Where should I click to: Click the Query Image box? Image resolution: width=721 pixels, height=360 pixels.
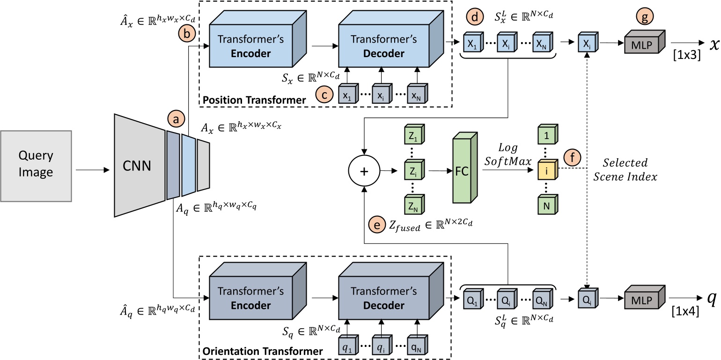pos(36,166)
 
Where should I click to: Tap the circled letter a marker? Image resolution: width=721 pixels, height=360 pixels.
pos(176,120)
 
